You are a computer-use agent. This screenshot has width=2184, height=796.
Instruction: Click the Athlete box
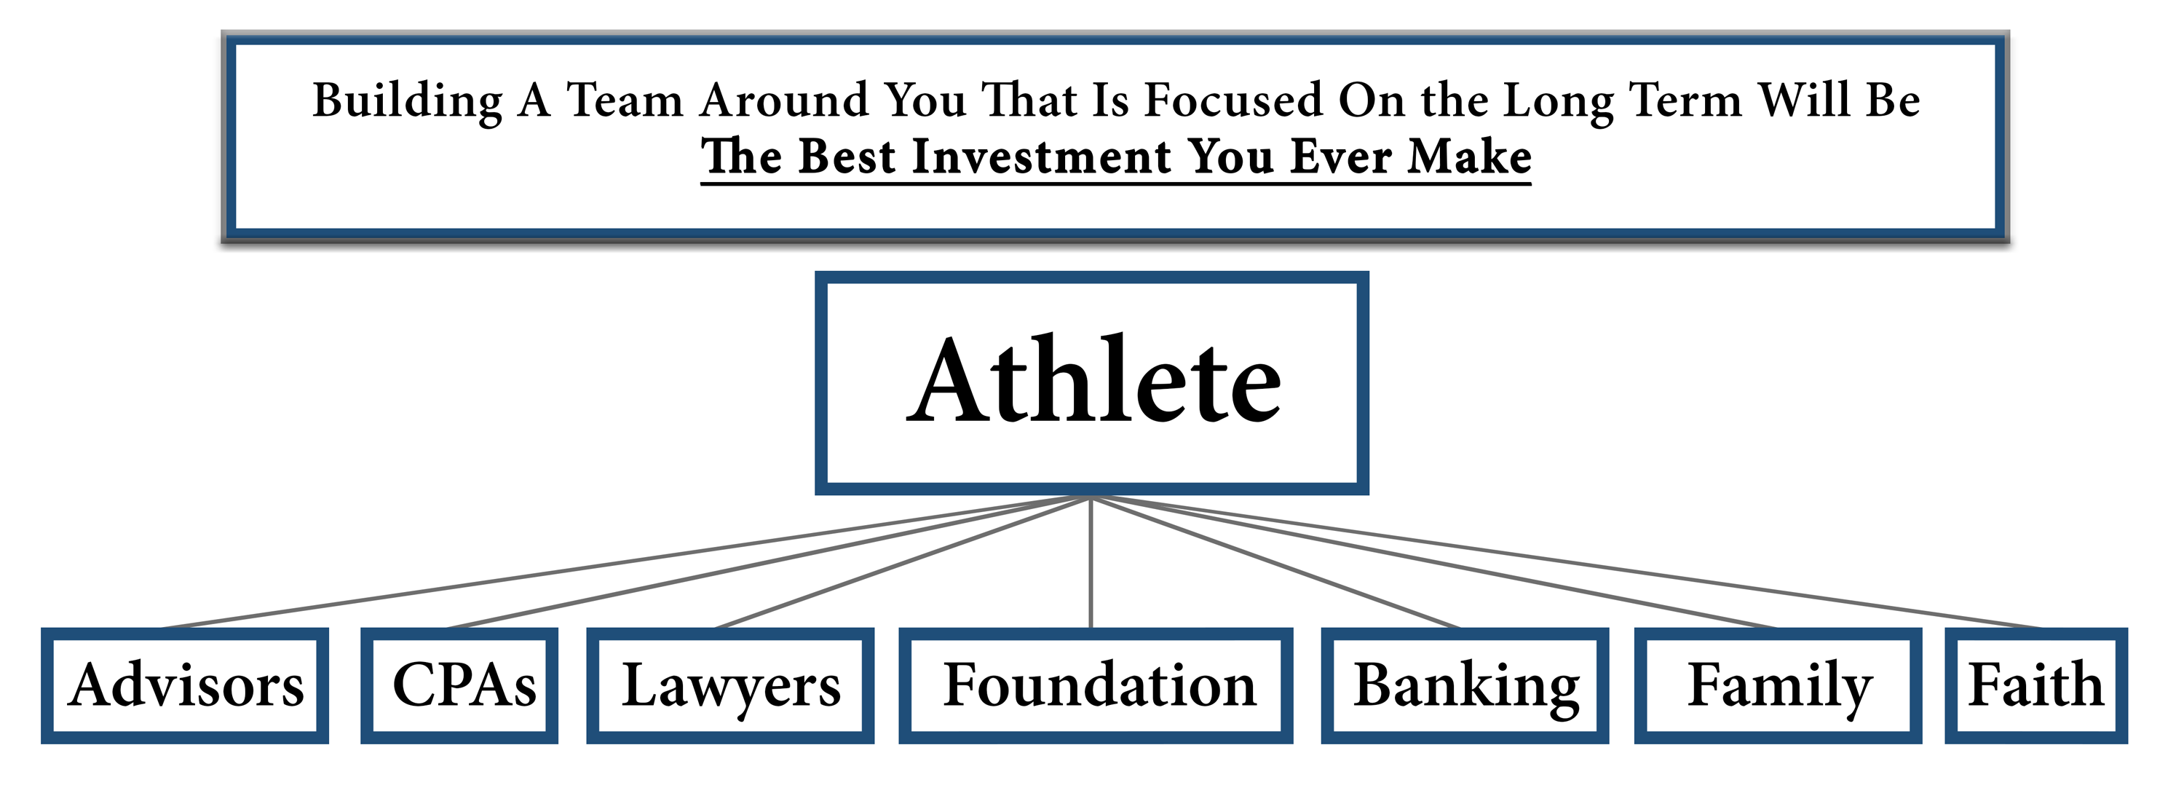[1091, 382]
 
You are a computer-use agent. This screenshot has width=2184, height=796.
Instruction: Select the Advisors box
[185, 686]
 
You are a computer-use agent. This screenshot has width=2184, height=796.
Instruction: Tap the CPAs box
[459, 686]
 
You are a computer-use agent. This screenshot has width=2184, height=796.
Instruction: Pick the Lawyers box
[730, 686]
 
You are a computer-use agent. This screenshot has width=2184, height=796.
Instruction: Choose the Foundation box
[1096, 686]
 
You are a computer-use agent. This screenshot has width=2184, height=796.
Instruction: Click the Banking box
[1465, 686]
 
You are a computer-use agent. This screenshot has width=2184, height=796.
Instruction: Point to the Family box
[1778, 686]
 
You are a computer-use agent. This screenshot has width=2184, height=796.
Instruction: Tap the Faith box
[2036, 686]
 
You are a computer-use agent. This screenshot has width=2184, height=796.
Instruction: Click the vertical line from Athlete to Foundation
[1091, 562]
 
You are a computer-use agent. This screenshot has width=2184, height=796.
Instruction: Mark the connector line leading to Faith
[1567, 562]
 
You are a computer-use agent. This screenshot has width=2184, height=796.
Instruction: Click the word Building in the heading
[408, 102]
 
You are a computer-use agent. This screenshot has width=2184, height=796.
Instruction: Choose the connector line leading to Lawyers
[903, 562]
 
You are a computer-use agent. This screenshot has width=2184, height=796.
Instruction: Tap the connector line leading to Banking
[1275, 562]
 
